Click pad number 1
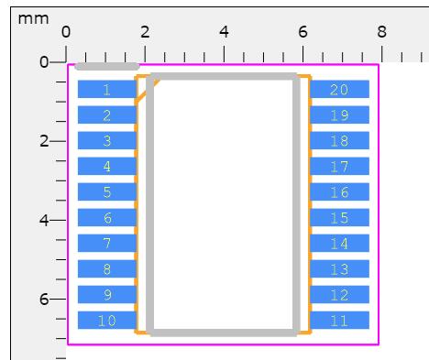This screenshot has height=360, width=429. [x=107, y=89]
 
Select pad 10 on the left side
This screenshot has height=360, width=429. [x=107, y=321]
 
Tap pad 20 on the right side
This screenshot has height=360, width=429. [x=339, y=89]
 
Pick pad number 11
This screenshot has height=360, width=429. [x=339, y=321]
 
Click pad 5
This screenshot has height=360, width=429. [x=107, y=191]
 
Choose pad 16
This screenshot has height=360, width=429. [x=339, y=191]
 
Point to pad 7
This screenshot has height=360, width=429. [x=107, y=243]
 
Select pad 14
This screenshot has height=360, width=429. [x=339, y=243]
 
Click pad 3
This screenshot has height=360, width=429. [x=107, y=140]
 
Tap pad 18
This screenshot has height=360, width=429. [x=339, y=140]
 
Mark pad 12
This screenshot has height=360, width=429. [x=339, y=295]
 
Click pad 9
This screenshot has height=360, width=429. [x=107, y=295]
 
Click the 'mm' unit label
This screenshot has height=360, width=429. [x=33, y=19]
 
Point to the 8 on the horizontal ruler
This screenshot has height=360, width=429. [x=381, y=32]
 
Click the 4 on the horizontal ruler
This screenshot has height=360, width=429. [x=224, y=32]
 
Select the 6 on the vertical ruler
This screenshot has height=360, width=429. [x=44, y=299]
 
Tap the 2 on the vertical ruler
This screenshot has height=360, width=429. [x=44, y=141]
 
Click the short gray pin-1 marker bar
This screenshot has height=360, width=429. [x=107, y=66]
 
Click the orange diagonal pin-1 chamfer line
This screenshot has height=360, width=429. [x=148, y=93]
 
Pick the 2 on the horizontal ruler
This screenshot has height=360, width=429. [x=145, y=32]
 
